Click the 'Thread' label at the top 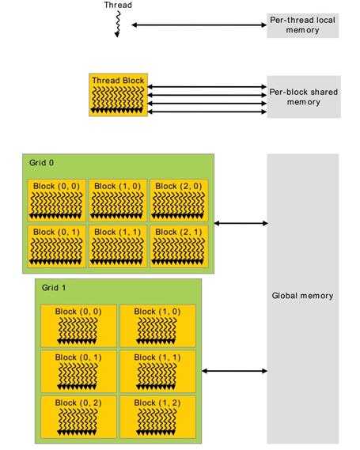coord(118,6)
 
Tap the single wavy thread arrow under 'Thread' coord(117,25)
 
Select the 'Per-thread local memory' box coord(303,25)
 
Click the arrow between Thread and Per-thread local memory coord(199,25)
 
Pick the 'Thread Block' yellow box coord(118,95)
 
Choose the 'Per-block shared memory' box coord(304,96)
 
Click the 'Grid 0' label coord(42,163)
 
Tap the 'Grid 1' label coord(54,288)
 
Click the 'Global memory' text coord(302,296)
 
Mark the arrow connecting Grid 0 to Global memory coord(241,223)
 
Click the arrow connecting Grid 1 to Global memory coord(234,371)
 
